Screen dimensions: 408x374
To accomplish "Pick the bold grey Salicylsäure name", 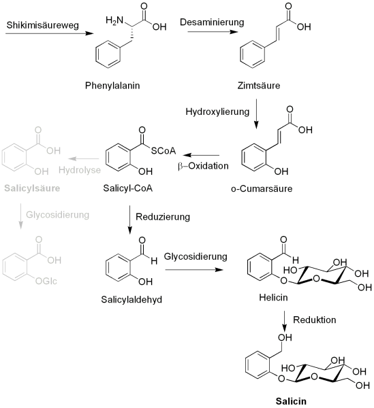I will point(30,187).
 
